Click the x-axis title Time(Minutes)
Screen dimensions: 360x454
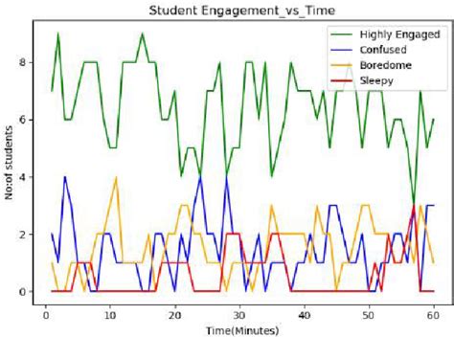click(x=239, y=330)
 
